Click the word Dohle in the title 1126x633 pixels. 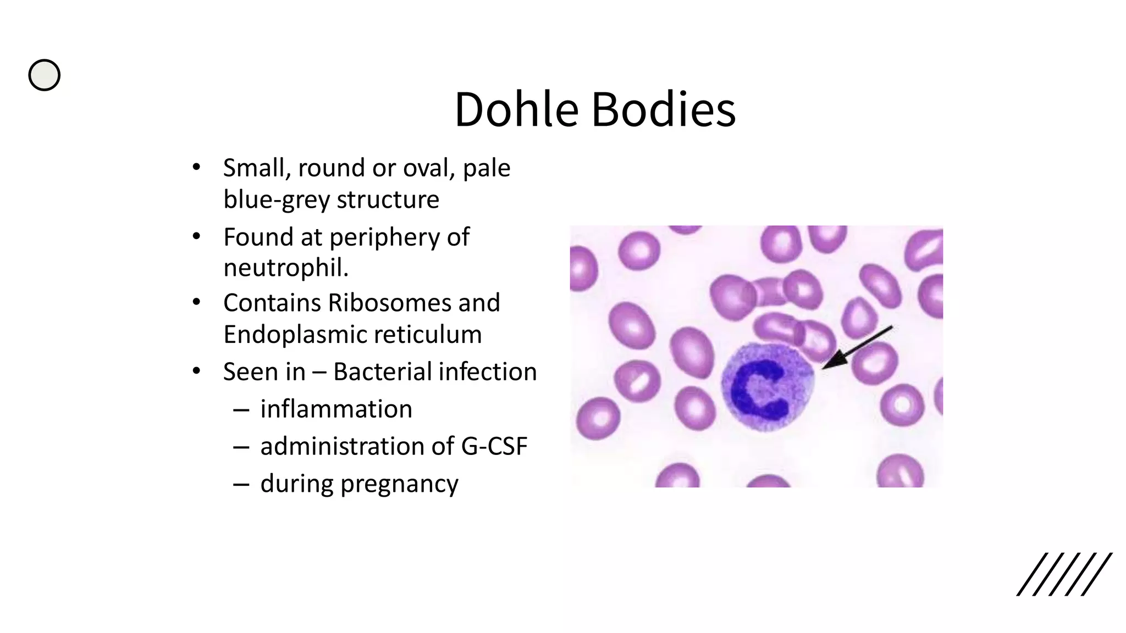(x=516, y=109)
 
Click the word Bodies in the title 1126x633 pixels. (x=663, y=109)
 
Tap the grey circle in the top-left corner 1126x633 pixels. (x=45, y=75)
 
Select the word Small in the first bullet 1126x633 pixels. (x=256, y=168)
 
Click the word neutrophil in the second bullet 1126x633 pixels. (x=284, y=268)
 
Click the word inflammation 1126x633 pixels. (x=336, y=409)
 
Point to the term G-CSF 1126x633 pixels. (x=494, y=446)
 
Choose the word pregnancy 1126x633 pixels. (x=399, y=484)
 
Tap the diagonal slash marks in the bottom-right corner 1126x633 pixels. (x=1063, y=574)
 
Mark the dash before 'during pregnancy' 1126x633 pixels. (x=241, y=484)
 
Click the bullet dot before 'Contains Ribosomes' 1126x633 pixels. (x=196, y=303)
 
